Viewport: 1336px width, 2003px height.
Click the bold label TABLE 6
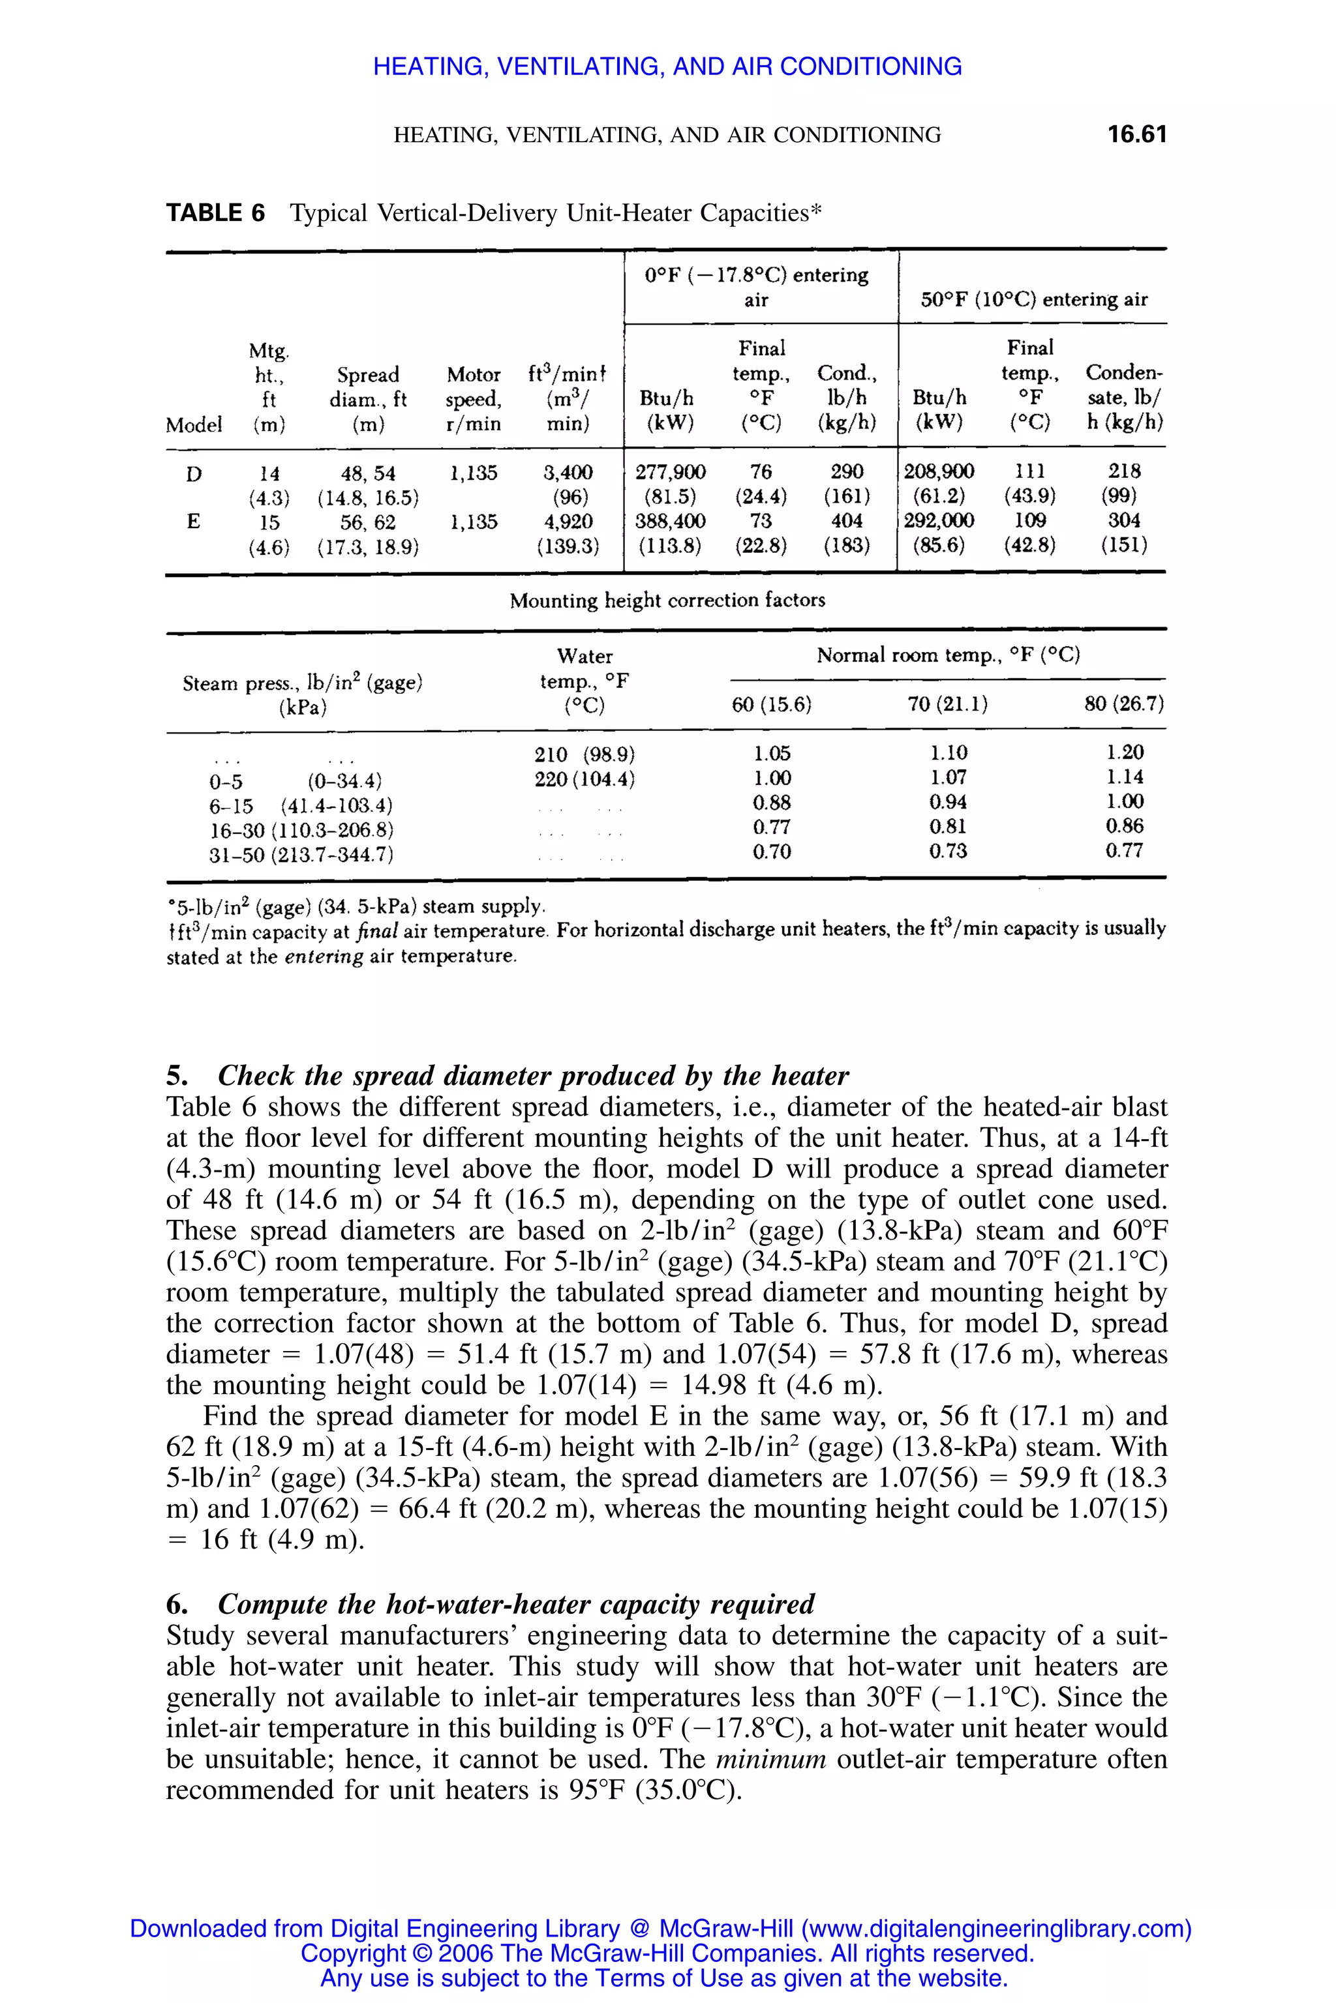(x=215, y=213)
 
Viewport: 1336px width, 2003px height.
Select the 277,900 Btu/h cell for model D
(x=671, y=472)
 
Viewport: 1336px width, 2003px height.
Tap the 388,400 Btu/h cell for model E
(x=671, y=521)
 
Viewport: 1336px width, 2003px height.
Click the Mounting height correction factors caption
(x=667, y=601)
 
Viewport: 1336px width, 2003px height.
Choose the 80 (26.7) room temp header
(x=1124, y=704)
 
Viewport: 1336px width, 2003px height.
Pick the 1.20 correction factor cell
(x=1125, y=753)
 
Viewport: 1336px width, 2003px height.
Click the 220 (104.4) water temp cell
(x=584, y=779)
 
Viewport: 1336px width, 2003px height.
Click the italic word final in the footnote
(x=376, y=931)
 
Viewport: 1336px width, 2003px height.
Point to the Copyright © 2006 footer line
(x=667, y=1953)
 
